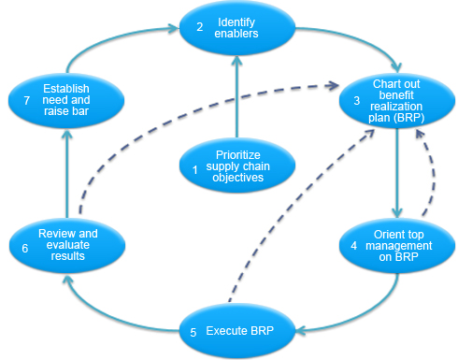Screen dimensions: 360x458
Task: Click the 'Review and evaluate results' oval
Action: (66, 243)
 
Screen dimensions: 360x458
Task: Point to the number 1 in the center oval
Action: (194, 169)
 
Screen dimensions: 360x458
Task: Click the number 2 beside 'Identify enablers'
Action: (199, 28)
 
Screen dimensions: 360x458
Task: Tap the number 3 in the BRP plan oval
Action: (357, 101)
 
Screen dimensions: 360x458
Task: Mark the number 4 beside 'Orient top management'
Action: (354, 245)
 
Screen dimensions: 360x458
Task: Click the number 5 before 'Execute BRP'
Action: (193, 330)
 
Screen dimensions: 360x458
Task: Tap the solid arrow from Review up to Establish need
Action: (66, 168)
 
